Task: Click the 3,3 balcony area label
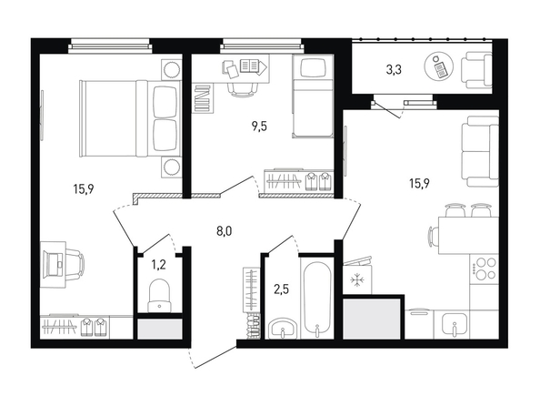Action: coord(394,70)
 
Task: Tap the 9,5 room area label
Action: coord(259,127)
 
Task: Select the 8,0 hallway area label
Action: coord(225,231)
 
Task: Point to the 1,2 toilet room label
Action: coord(159,265)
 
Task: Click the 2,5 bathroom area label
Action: coord(282,289)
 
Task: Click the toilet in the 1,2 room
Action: coord(159,295)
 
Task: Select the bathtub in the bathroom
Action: coord(316,299)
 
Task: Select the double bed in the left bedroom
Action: coord(130,118)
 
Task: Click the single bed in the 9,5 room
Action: coord(313,96)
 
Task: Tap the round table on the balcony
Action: coord(439,66)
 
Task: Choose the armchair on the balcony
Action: coord(477,70)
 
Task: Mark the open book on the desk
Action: coord(250,65)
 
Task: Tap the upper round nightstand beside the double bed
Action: coord(171,70)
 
